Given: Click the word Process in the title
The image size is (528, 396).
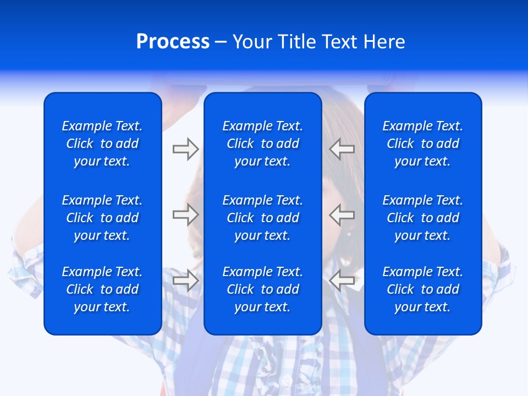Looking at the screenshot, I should coord(173,42).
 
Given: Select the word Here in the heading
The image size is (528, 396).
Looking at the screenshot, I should coord(384,42).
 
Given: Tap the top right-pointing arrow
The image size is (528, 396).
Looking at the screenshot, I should coord(185,149).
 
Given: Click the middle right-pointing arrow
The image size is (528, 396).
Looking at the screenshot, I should coord(185,215).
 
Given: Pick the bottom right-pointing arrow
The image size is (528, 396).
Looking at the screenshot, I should coord(185,280).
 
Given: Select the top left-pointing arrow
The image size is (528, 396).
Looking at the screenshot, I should coord(342,149).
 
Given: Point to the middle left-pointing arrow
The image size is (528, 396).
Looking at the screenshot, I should coord(342,215).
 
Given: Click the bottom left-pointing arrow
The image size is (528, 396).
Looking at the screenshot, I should coord(342,280).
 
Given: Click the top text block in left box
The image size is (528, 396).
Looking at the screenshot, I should coord(102,144).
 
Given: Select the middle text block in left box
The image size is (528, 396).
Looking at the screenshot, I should coord(102,218).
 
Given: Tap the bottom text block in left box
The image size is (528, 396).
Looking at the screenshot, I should coord(102,289).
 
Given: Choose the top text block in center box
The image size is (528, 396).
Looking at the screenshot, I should coord(262,144).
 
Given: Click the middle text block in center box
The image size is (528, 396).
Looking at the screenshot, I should coord(262,218).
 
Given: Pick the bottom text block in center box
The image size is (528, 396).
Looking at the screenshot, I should coord(262,289).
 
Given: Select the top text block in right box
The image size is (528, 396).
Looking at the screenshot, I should coord(422,144).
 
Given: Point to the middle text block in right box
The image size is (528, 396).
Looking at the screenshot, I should coord(422,218).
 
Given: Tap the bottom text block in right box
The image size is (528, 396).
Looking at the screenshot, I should coord(422,289).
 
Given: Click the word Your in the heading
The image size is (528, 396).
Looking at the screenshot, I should coord(252,42).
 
